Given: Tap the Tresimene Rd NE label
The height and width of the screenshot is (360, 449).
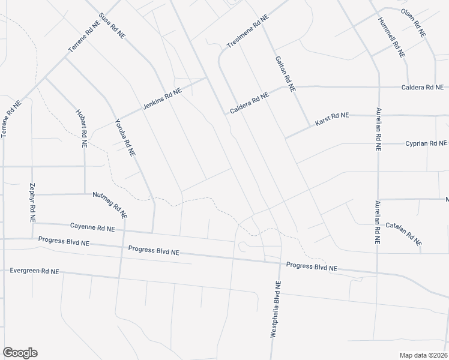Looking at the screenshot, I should (x=247, y=31).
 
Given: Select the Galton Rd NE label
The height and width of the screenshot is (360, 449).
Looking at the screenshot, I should (x=285, y=73).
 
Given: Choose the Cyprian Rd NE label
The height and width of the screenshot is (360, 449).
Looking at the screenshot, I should (x=426, y=143).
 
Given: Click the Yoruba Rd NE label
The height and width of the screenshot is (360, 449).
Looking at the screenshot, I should (x=125, y=137).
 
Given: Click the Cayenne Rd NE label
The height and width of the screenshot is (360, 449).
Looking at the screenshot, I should (x=92, y=227).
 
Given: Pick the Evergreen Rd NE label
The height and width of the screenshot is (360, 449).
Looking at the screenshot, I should (x=34, y=271).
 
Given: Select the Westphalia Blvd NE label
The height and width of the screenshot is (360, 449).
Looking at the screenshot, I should (x=276, y=310).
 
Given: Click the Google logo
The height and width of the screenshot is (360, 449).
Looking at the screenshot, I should (x=20, y=353).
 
